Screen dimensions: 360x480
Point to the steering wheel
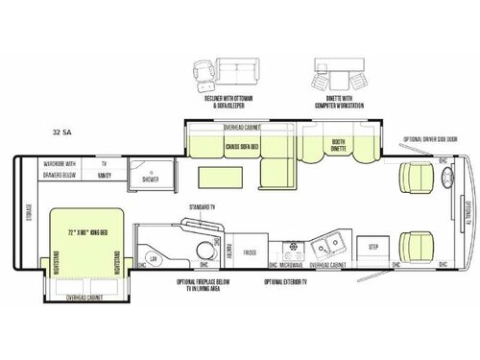(x=444, y=177)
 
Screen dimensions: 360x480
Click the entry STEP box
(x=374, y=247)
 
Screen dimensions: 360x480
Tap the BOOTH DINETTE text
(x=338, y=147)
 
